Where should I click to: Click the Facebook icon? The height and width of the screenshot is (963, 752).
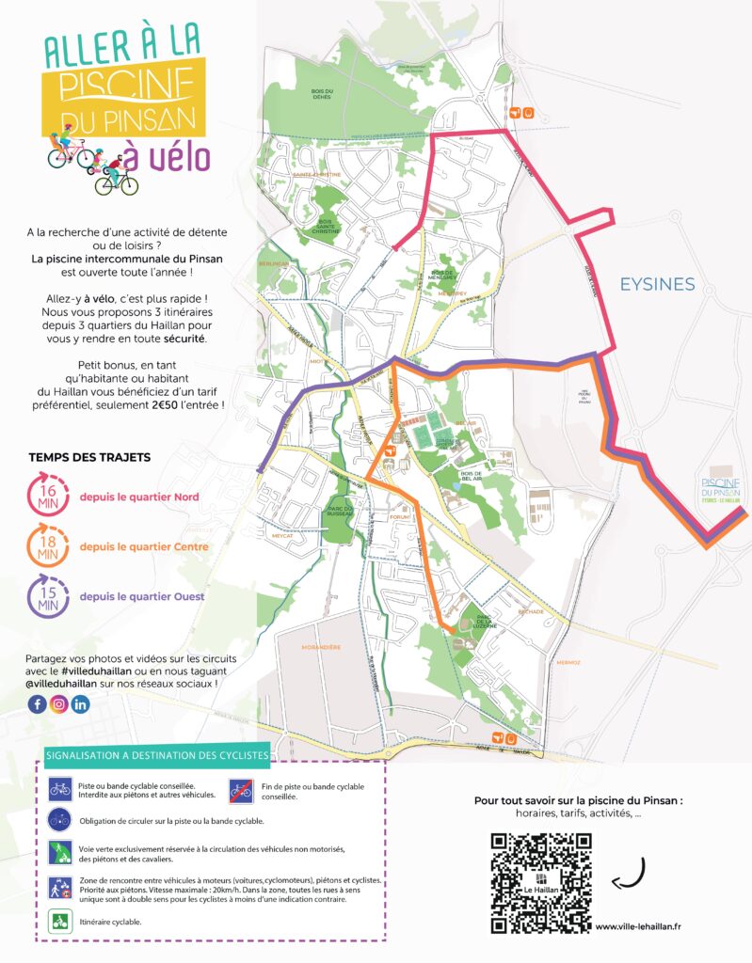click(38, 704)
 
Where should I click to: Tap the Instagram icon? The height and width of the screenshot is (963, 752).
click(59, 704)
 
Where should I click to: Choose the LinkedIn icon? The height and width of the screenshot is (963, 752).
click(81, 704)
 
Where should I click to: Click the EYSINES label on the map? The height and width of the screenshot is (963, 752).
click(656, 284)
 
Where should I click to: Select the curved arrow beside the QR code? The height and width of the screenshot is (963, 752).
click(628, 873)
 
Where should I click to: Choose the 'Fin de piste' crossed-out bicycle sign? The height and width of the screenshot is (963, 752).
click(241, 790)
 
